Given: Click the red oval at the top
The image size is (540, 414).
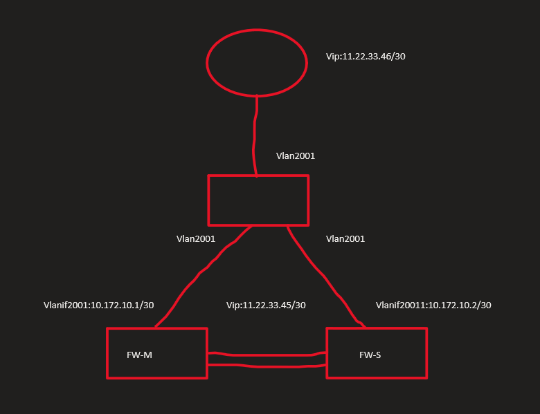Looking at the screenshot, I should (256, 62).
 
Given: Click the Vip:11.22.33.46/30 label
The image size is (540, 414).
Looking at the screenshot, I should (366, 56).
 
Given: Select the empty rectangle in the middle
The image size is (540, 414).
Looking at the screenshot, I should (258, 200).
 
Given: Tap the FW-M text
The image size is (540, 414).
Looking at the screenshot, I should (140, 355).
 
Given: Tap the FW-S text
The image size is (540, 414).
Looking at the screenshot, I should (370, 355).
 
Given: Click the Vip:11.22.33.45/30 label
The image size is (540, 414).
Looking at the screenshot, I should (266, 305).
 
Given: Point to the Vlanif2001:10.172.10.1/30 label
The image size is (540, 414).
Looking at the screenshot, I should (98, 305).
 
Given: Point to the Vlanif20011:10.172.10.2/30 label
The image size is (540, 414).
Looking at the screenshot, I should (433, 305).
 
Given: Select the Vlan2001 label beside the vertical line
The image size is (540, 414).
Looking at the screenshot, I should (296, 156).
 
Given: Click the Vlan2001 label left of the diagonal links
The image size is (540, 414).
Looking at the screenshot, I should (196, 238).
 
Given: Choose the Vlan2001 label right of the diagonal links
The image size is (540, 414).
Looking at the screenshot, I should (345, 238).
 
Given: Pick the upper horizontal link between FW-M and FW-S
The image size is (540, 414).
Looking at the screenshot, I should (267, 355).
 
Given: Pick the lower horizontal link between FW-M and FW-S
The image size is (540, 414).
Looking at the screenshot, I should (267, 366).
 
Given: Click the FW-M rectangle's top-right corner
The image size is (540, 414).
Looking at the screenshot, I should (206, 329).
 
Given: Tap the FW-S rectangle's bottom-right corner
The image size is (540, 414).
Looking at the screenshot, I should (426, 377).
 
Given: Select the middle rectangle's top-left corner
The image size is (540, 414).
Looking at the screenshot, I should (209, 176).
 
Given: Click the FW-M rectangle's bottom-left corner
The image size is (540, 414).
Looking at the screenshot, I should (108, 377).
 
